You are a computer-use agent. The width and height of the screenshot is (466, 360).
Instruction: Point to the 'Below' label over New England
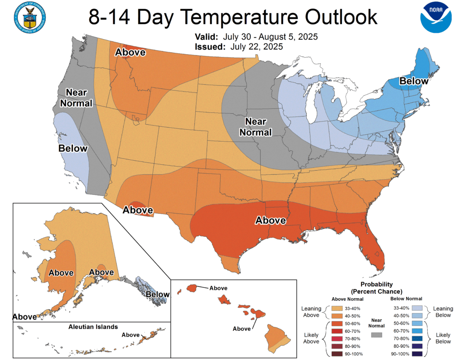tap(414, 81)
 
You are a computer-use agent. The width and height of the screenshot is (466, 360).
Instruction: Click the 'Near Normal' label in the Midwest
tap(258, 127)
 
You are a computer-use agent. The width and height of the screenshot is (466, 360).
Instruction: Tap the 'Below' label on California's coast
tap(73, 148)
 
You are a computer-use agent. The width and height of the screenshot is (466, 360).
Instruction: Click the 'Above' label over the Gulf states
tap(270, 220)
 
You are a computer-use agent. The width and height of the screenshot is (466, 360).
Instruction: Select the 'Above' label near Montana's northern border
tap(130, 52)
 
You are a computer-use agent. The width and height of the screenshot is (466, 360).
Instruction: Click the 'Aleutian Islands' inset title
tap(93, 327)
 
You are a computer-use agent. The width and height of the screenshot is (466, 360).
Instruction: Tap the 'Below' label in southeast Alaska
tap(157, 294)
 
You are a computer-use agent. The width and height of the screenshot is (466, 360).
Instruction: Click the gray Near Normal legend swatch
tap(376, 335)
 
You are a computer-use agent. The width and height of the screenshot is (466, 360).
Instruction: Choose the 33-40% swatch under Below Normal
tap(418, 308)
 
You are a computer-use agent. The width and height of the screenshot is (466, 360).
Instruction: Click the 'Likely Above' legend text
tap(312, 338)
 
